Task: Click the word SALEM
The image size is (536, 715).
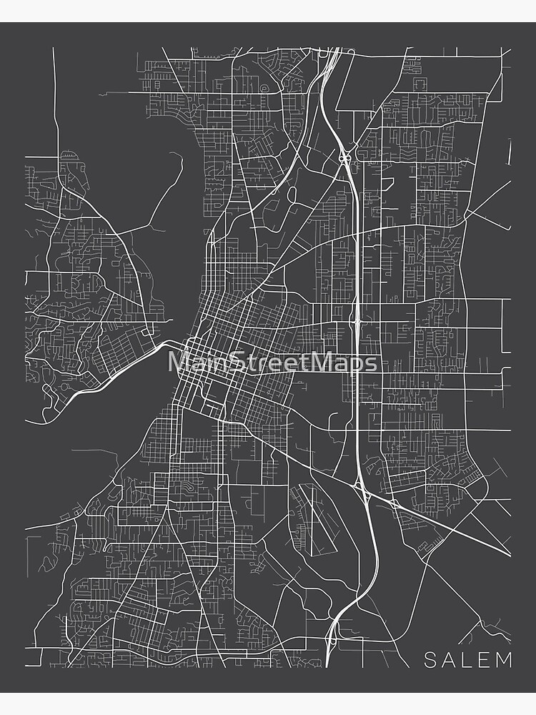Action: coord(468,659)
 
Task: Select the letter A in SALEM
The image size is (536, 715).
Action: coord(450,659)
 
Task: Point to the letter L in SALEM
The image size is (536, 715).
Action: coord(467,659)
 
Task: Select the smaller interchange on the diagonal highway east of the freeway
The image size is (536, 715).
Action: coord(394,503)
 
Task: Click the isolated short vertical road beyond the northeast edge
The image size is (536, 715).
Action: coord(510,152)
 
